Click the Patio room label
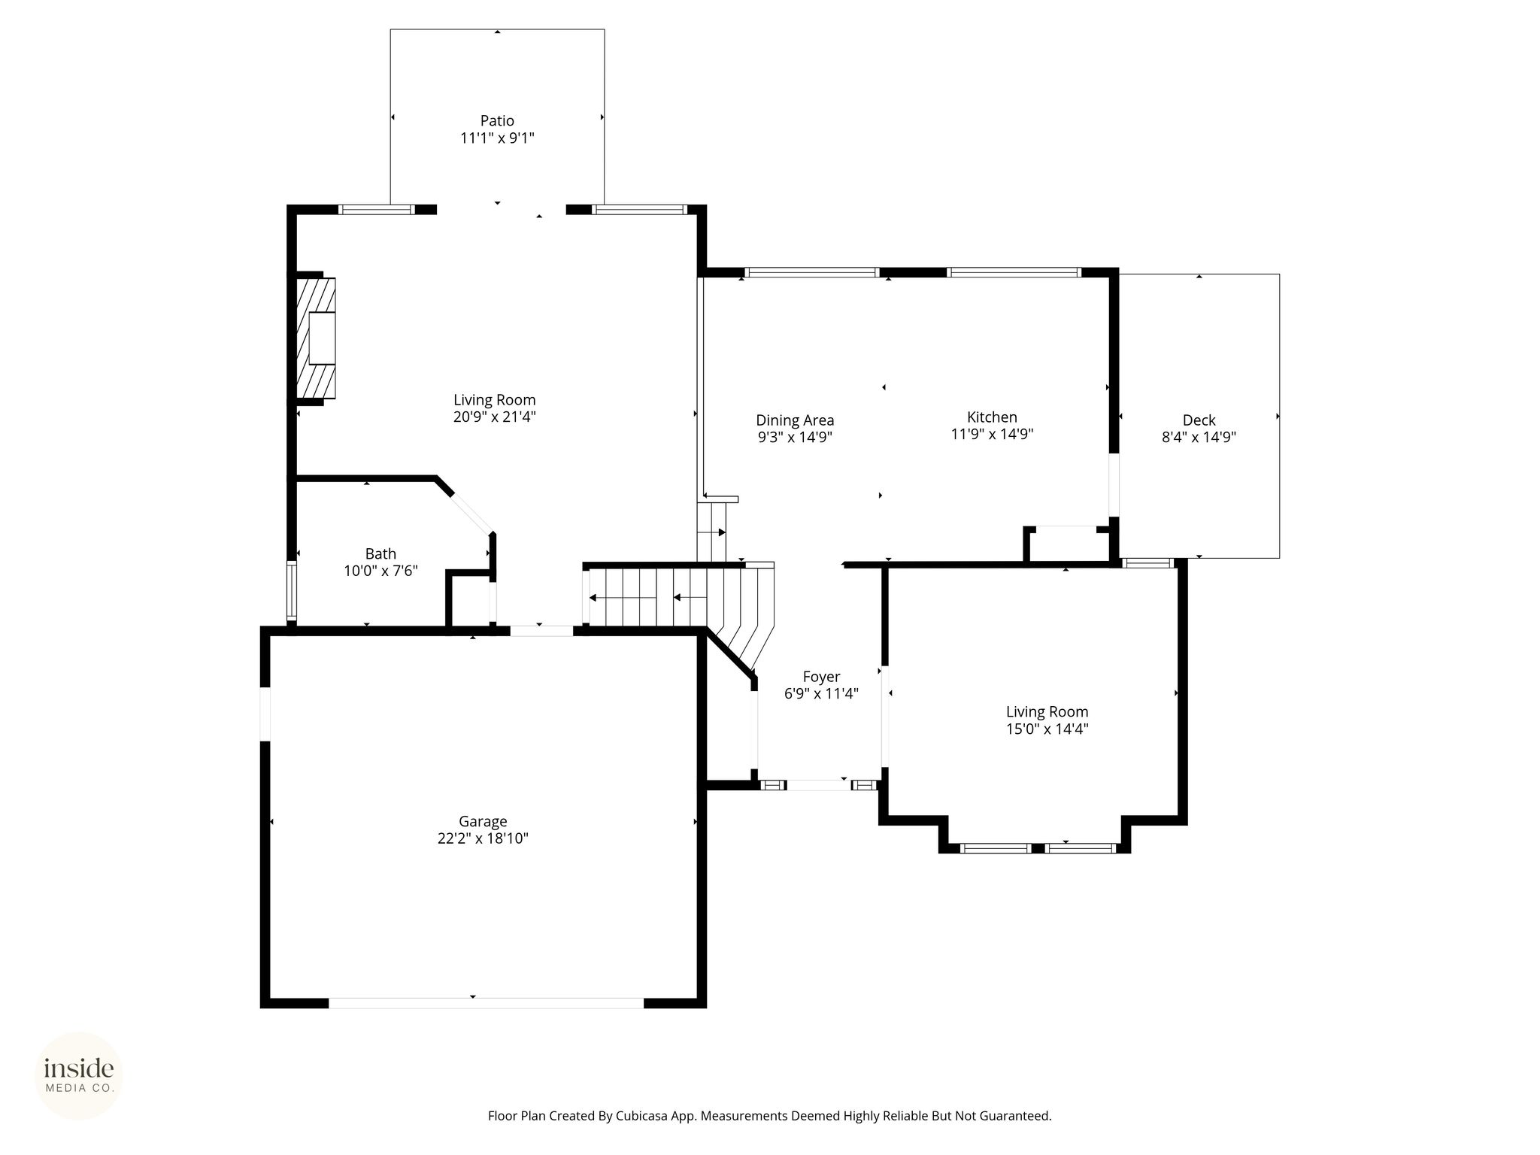[x=497, y=121]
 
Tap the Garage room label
[x=483, y=822]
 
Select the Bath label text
[x=380, y=554]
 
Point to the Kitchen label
[x=992, y=417]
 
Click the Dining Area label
[x=795, y=420]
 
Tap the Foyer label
[x=821, y=677]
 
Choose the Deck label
[x=1199, y=420]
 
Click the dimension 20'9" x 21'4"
[x=494, y=417]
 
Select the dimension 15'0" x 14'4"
[x=1047, y=729]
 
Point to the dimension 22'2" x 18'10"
[x=483, y=838]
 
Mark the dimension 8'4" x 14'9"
[x=1199, y=437]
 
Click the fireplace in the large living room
[x=315, y=338]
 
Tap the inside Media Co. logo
[x=79, y=1075]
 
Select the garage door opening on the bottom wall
[x=486, y=1002]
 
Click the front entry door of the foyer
[x=818, y=785]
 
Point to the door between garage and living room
[x=541, y=631]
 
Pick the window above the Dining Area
[x=811, y=272]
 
